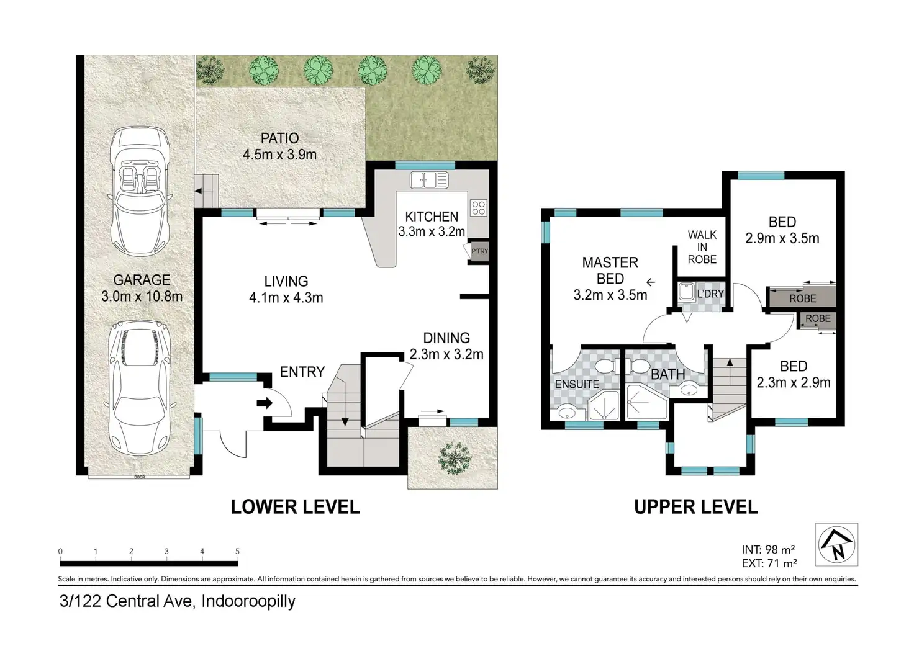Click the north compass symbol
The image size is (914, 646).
836,544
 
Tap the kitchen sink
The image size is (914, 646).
429,180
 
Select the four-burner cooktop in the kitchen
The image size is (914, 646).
479,208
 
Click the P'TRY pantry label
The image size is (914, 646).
479,251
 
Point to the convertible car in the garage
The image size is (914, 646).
140,191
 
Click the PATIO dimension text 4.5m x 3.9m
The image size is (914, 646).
279,155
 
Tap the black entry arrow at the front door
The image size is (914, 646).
265,403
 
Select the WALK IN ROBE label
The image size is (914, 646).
702,247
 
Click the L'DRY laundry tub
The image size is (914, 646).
687,292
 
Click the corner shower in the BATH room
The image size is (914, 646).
646,402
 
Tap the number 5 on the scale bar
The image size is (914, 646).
237,552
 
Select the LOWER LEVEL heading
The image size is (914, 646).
296,507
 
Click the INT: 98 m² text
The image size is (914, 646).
768,549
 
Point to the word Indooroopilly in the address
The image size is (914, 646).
248,601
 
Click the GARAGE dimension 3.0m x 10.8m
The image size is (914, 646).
142,297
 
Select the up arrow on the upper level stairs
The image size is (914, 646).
730,371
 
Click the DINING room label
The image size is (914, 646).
446,338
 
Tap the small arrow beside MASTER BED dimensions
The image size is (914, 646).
650,282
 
